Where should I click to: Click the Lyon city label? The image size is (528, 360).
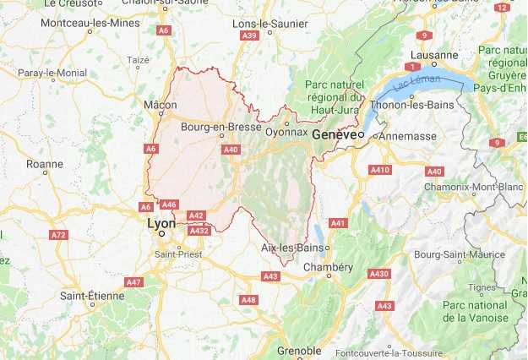pos(161,224)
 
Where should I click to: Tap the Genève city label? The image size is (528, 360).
pos(333,135)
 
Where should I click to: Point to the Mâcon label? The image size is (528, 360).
pos(161,105)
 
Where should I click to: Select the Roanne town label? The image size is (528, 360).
pos(44,164)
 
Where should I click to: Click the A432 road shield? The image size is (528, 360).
pos(199,230)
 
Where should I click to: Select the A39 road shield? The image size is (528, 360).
pos(249,35)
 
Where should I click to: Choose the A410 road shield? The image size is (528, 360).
pos(380,170)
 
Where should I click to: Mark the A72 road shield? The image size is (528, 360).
pos(57,234)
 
